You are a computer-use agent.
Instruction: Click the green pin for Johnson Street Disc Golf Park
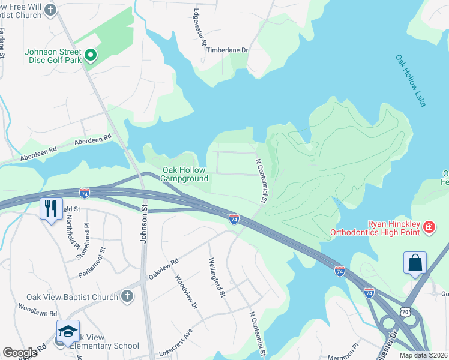pos(91,56)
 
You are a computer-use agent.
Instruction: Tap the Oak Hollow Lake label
pos(411,81)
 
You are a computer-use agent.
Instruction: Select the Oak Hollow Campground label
pos(185,174)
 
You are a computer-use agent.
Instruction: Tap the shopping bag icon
pos(414,263)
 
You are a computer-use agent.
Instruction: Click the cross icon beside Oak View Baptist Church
pos(127,296)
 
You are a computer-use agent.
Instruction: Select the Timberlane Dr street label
pos(227,51)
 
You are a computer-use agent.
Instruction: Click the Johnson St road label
pos(144,222)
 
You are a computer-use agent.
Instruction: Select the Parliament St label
pos(92,262)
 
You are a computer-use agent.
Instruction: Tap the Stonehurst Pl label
pos(82,242)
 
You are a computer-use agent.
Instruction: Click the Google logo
pos(20,353)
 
